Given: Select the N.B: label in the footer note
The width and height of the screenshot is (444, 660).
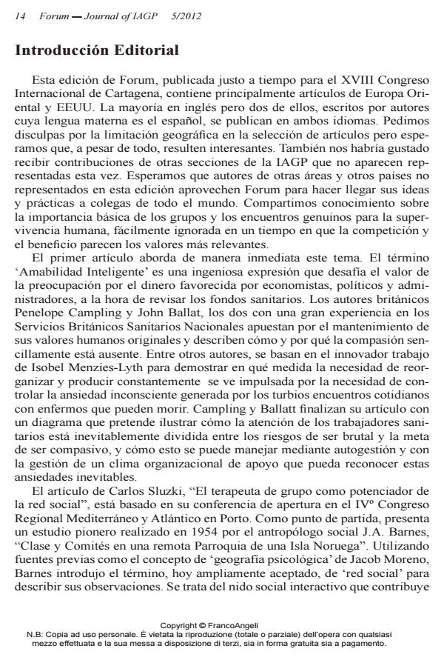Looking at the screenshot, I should click(35, 633).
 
